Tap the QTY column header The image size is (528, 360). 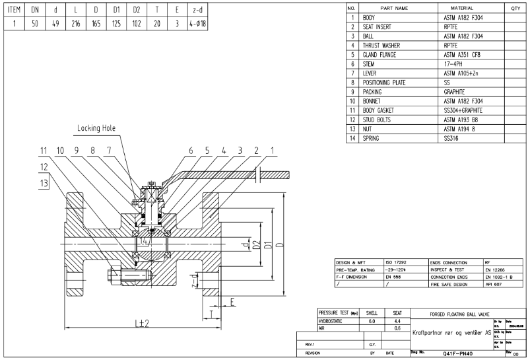tap(516, 8)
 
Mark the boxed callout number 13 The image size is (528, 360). tap(44, 182)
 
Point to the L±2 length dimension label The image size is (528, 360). tap(139, 324)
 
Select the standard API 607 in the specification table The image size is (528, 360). tap(493, 284)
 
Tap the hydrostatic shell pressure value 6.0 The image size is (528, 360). tap(372, 320)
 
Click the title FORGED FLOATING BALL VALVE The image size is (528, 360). tap(451, 314)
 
